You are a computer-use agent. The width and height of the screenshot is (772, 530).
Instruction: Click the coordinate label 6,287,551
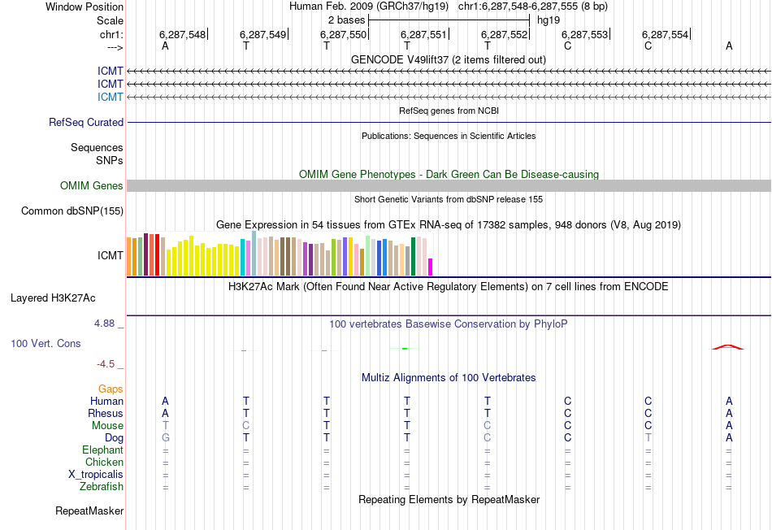[425, 34]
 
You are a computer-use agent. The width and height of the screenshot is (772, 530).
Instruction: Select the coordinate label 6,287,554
[665, 34]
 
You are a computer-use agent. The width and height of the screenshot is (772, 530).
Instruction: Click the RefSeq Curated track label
[86, 122]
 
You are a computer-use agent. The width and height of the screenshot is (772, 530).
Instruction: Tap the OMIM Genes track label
[92, 186]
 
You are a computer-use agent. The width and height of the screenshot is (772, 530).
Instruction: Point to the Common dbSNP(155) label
[72, 211]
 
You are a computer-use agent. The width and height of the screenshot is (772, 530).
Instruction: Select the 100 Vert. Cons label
[46, 343]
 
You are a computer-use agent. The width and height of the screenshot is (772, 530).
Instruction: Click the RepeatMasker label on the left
[89, 511]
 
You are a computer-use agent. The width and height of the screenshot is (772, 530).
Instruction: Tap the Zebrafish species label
[102, 487]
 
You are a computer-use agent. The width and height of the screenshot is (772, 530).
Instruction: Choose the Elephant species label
[102, 450]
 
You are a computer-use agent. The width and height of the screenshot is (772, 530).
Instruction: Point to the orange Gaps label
[111, 389]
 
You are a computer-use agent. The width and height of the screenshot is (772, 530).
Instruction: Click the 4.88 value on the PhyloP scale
[105, 324]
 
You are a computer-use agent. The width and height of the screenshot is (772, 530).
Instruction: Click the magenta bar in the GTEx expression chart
[431, 267]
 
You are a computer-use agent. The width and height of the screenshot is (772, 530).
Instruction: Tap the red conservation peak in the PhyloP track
[727, 346]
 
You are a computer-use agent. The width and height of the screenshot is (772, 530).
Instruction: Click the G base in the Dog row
[165, 437]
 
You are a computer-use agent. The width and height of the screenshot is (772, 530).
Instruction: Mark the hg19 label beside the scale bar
[548, 20]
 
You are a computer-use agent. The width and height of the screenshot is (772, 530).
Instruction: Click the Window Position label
[85, 7]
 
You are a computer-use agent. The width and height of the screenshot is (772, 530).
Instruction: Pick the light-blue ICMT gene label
[111, 97]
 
